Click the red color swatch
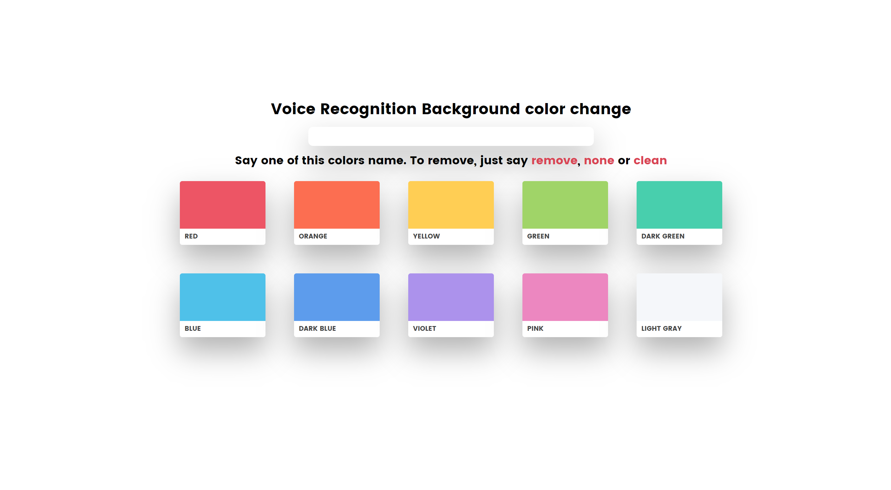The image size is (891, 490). click(x=222, y=205)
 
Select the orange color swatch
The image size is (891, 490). click(x=337, y=205)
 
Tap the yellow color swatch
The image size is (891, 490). click(x=451, y=205)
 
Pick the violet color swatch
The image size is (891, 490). click(x=451, y=297)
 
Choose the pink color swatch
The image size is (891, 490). click(x=565, y=297)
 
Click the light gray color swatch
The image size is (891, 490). click(x=679, y=297)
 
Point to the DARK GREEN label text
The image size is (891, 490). click(x=662, y=236)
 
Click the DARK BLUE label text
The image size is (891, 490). click(x=317, y=329)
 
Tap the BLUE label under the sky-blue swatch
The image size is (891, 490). click(x=193, y=329)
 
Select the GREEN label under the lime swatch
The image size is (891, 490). click(x=538, y=236)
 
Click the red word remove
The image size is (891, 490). click(x=554, y=160)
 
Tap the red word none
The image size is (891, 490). click(x=599, y=160)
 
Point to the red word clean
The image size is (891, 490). click(x=650, y=160)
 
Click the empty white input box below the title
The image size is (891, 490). click(x=451, y=136)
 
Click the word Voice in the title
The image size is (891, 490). click(x=293, y=109)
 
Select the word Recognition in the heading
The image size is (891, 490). click(x=368, y=109)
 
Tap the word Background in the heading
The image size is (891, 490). click(x=471, y=109)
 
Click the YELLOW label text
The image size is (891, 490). click(x=426, y=236)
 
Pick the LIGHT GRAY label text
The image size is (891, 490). click(x=661, y=329)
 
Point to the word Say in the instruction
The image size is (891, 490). click(x=246, y=160)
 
